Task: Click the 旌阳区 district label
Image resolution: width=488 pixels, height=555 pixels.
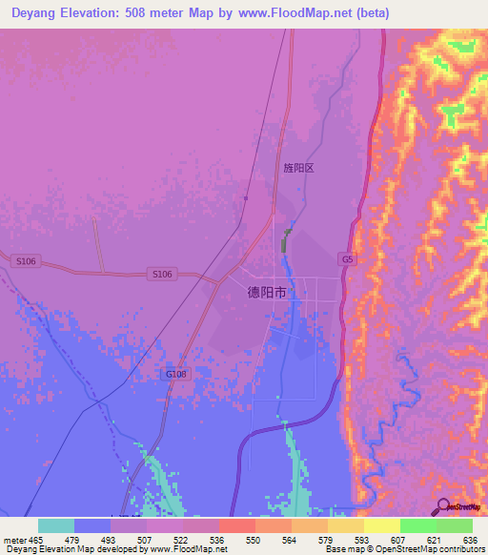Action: [298, 168]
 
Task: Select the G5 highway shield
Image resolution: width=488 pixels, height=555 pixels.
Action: [346, 258]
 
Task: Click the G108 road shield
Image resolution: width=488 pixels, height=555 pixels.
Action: [176, 375]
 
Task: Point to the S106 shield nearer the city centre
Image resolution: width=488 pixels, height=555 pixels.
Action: [162, 274]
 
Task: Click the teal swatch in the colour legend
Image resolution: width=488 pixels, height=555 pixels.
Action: [56, 525]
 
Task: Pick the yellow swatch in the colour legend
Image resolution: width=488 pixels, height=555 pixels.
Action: [382, 525]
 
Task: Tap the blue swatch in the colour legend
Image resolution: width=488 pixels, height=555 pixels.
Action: [92, 525]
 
